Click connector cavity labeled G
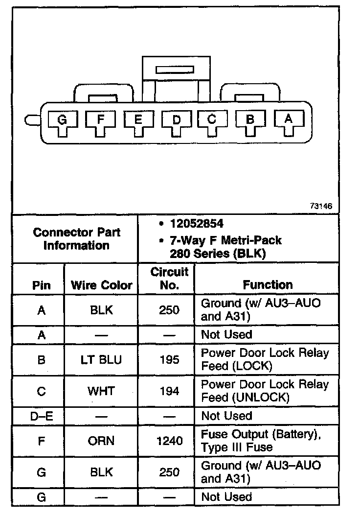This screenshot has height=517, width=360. pos(62,120)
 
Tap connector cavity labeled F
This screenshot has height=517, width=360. pos(100,120)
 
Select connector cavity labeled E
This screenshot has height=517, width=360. pos(138,120)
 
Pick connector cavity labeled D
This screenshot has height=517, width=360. pos(177,120)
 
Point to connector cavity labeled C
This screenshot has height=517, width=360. pos(212,119)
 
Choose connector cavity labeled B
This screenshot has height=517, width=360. pos(250,119)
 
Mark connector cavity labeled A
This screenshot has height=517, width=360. pos(288,119)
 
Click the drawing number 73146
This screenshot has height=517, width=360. pos(320,206)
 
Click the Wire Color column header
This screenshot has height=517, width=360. pos(102,285)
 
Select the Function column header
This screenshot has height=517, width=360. pos(268,285)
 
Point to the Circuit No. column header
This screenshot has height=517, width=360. pos(169,279)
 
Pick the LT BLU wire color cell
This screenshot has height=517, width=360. pos(101,360)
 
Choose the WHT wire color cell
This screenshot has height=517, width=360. pos(101,391)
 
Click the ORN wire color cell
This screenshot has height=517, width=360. pos(101,441)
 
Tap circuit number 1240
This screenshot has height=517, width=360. pos(169,441)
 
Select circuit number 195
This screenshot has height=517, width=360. pos(169,360)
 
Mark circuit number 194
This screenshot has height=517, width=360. pos(169,391)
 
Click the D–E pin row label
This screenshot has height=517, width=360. pos(42,416)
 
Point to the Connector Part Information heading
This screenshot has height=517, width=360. pos(77,239)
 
